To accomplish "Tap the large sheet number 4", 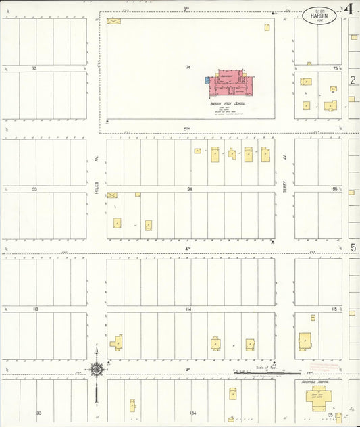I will tap(349, 9).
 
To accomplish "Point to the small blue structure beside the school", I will tap(207, 80).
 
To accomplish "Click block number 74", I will tap(189, 67).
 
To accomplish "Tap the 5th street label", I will tap(187, 128).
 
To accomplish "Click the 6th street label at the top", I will tap(186, 9).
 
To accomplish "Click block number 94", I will tap(190, 190).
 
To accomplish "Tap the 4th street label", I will tap(188, 249).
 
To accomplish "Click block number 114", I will tap(188, 309).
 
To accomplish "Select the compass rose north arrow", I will tap(97, 369).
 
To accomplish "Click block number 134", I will tap(193, 412).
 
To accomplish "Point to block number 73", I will tap(34, 68).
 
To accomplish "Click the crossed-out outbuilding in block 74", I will tap(112, 22).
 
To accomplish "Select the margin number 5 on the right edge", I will tap(353, 248).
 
